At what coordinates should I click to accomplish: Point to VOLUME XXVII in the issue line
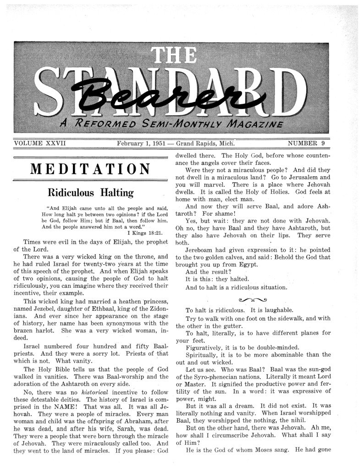(x=40, y=143)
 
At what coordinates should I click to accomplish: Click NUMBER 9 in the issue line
(x=306, y=143)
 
